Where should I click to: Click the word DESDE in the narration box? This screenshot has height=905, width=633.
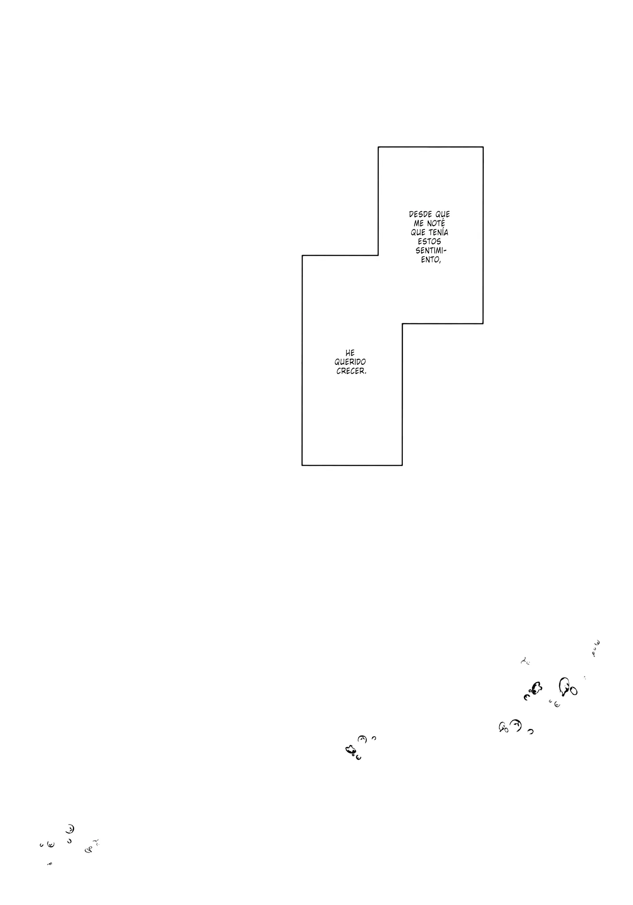(420, 214)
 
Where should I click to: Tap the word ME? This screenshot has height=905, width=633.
(419, 223)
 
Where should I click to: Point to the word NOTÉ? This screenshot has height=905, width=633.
(436, 223)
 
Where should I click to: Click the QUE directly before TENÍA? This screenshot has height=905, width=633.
(418, 232)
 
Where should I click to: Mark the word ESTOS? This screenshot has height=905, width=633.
(430, 242)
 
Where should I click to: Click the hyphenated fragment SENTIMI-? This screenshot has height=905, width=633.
(431, 251)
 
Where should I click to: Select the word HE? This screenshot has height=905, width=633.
(350, 353)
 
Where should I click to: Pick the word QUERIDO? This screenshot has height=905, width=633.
(350, 362)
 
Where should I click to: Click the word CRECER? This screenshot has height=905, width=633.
(350, 371)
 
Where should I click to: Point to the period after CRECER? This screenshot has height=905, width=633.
(365, 374)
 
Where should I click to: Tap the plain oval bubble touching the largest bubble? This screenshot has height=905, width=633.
(573, 691)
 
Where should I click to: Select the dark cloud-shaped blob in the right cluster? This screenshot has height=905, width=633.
(537, 688)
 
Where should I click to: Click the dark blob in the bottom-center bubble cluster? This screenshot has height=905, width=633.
(350, 750)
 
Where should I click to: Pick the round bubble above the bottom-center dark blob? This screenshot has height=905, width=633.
(362, 739)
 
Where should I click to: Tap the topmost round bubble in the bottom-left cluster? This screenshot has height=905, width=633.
(70, 829)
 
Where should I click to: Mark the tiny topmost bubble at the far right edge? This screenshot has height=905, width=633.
(597, 642)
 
